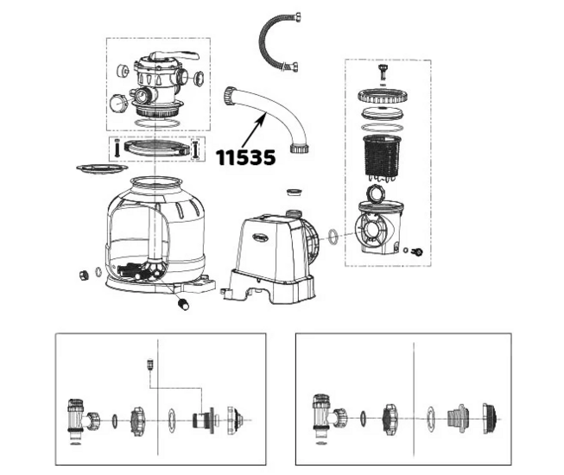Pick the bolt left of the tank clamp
[x=115, y=148]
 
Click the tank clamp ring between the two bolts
[x=155, y=148]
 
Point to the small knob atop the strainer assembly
[x=381, y=71]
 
